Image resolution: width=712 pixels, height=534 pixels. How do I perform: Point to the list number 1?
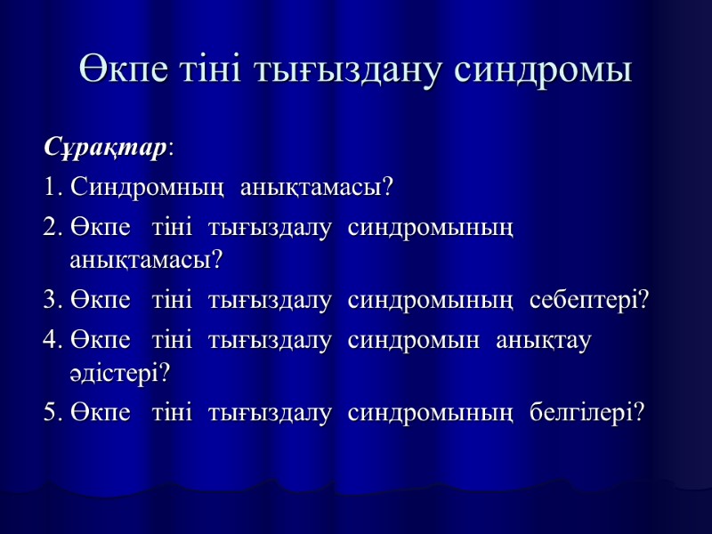49,189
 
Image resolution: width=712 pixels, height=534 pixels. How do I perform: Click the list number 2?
50,228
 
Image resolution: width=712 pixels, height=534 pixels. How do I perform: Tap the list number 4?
50,340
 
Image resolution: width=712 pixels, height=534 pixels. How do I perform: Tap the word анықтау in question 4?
544,340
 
